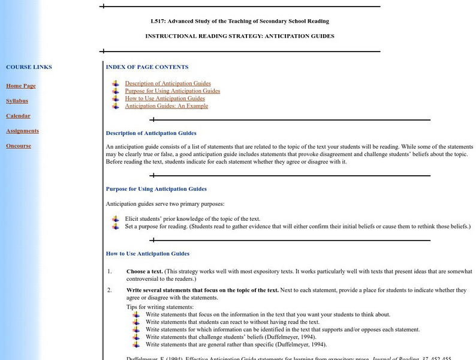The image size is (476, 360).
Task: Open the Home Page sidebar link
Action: click(21, 86)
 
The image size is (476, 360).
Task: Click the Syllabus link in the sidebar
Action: click(17, 101)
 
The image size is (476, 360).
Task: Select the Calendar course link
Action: click(18, 116)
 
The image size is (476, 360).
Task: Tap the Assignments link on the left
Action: click(22, 131)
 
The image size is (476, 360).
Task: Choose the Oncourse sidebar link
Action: click(19, 146)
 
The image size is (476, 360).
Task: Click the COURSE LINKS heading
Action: click(29, 67)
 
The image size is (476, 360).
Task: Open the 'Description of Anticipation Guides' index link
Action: click(168, 83)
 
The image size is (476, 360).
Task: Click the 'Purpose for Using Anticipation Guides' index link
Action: click(173, 91)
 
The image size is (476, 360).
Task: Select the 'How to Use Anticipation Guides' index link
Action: click(165, 98)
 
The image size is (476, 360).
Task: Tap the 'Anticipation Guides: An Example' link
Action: click(167, 106)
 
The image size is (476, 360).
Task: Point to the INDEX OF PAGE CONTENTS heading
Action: click(147, 67)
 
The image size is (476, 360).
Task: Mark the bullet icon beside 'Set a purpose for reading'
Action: click(116, 226)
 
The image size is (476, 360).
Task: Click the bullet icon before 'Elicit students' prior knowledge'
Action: click(116, 219)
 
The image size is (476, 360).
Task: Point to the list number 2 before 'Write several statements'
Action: click(110, 290)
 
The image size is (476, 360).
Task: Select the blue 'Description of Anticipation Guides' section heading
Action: click(151, 133)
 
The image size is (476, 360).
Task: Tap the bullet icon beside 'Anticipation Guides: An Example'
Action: click(116, 106)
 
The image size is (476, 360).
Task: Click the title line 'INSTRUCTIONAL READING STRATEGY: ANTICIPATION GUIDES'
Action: click(240, 36)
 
